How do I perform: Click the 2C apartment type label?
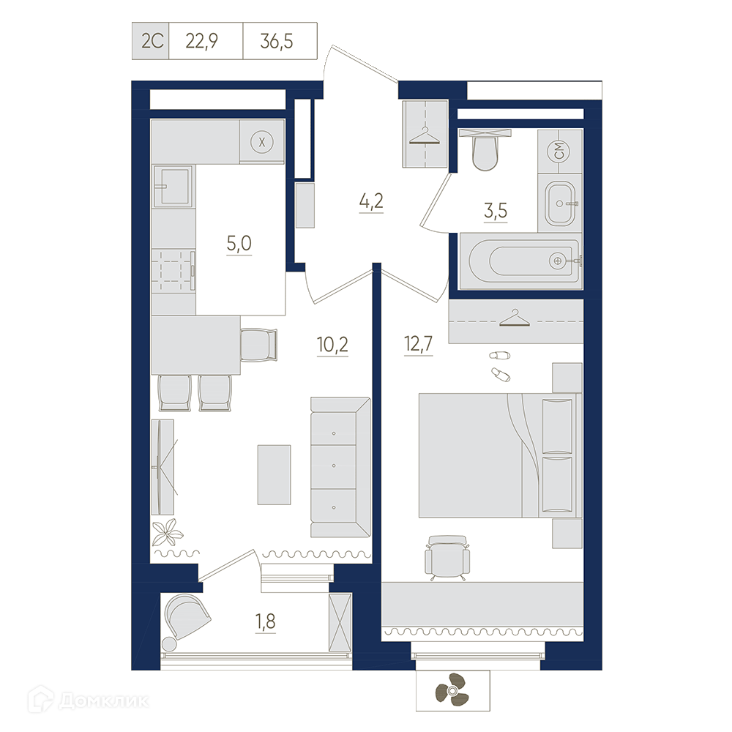[152, 42]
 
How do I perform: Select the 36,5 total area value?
[277, 42]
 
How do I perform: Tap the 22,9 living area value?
[202, 42]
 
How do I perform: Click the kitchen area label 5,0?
[239, 243]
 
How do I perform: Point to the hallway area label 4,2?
[371, 201]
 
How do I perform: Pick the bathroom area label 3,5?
[496, 211]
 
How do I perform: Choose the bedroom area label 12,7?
[419, 345]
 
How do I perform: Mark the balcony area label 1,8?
[265, 621]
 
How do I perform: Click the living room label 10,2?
[332, 345]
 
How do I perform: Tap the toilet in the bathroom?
[485, 150]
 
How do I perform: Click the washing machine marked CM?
[560, 152]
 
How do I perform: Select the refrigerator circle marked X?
[262, 142]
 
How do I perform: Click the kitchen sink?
[173, 186]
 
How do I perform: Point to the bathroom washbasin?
[560, 203]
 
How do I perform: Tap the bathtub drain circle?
[557, 261]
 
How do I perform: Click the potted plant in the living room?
[168, 532]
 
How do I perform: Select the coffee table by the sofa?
[274, 475]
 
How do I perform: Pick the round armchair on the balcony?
[185, 618]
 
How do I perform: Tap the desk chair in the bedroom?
[447, 557]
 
